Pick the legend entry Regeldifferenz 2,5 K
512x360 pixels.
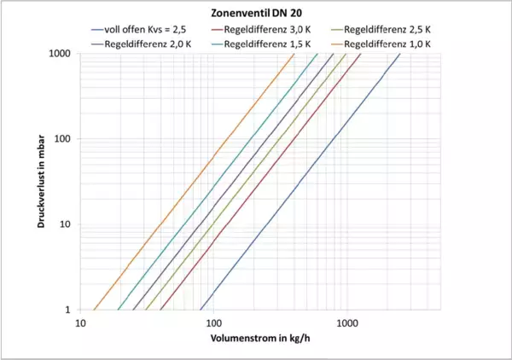[x=393, y=29]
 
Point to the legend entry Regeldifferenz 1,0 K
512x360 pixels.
[x=393, y=43]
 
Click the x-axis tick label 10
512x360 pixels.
[x=81, y=324]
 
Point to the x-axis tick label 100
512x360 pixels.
[x=213, y=324]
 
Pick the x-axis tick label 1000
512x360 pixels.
[x=346, y=324]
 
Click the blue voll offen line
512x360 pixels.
[x=299, y=182]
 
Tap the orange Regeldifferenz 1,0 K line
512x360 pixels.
[x=195, y=182]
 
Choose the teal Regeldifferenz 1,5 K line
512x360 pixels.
[x=218, y=182]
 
